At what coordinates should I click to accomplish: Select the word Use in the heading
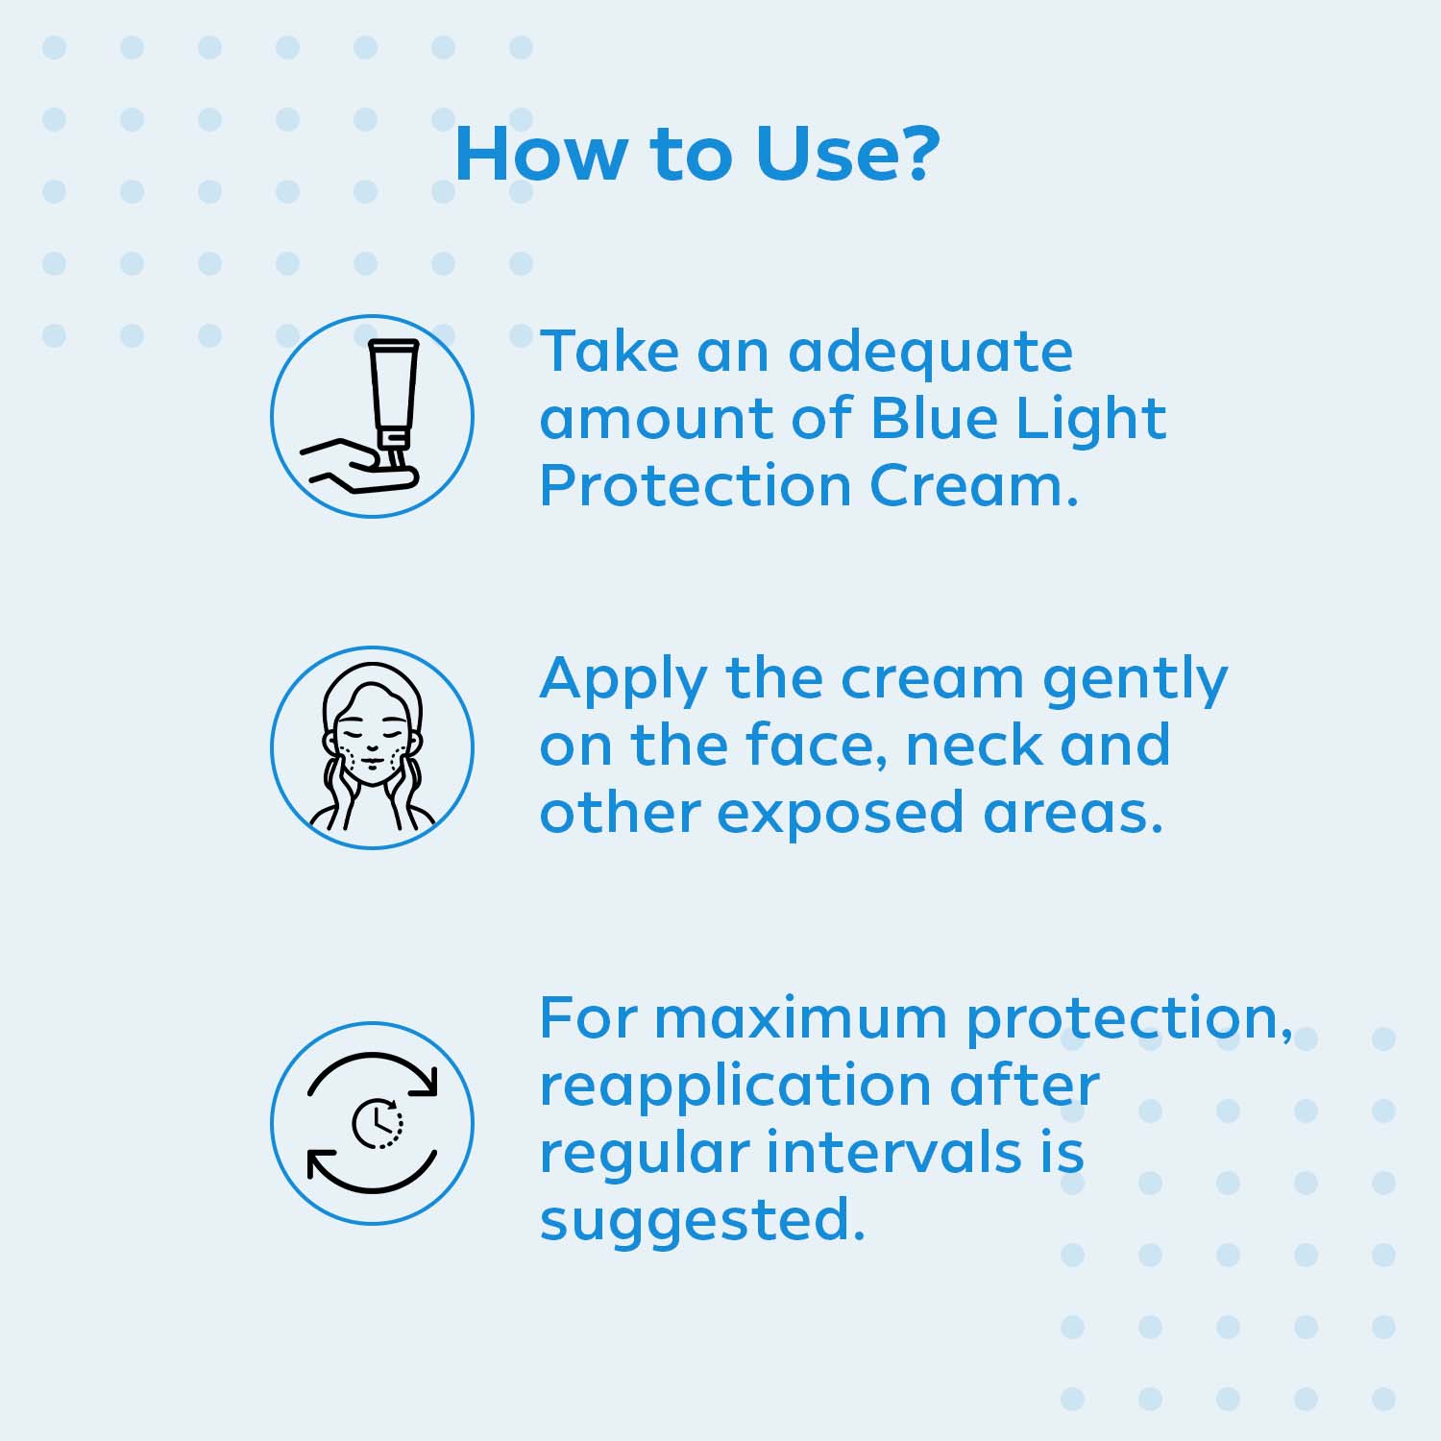(x=821, y=153)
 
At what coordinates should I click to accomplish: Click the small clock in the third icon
(x=377, y=1123)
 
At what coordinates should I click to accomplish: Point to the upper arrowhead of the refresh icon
(x=425, y=1082)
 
